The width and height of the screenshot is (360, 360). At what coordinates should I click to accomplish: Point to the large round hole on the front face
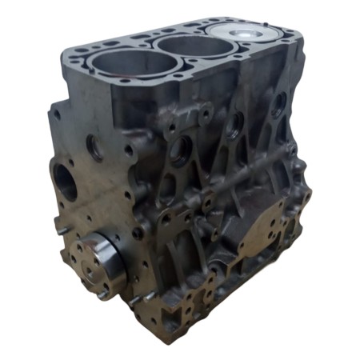pos(65,181)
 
